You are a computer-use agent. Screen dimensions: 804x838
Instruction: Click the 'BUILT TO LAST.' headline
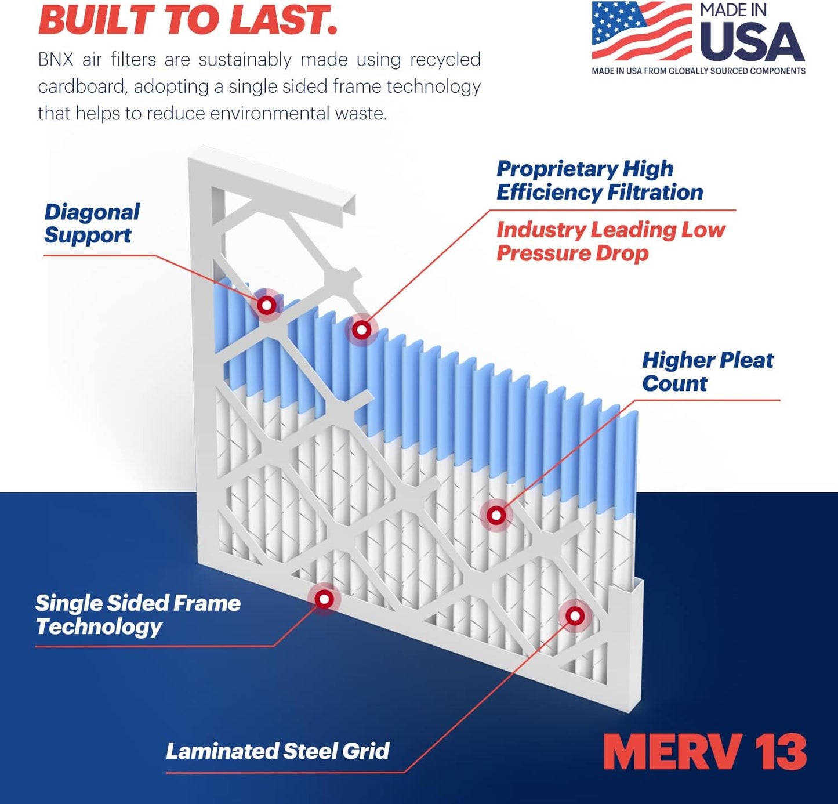(187, 20)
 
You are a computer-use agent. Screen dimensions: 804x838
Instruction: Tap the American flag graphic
(641, 31)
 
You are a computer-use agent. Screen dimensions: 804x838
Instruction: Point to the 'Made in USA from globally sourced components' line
(698, 71)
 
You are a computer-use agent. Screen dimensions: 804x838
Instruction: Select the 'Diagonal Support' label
(92, 223)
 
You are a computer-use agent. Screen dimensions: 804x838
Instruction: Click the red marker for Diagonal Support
(267, 305)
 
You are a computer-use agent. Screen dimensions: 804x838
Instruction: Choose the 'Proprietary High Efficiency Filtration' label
(599, 180)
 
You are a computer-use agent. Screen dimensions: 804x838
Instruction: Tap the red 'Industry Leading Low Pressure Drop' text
(610, 241)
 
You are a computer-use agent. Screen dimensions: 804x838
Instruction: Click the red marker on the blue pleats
(362, 330)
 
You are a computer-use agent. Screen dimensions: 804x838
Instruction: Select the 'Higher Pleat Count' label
(707, 371)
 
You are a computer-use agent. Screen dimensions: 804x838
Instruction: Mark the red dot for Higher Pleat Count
(496, 515)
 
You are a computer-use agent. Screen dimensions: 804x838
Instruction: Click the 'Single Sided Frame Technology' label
(137, 615)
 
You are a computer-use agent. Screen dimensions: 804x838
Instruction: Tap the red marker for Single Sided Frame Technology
(324, 599)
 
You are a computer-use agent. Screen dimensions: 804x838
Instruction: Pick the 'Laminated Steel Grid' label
(277, 751)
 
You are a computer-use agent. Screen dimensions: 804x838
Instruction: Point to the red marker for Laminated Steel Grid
(575, 615)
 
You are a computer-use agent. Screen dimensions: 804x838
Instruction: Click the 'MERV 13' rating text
(704, 752)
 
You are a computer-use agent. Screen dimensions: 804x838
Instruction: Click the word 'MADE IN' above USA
(733, 10)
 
